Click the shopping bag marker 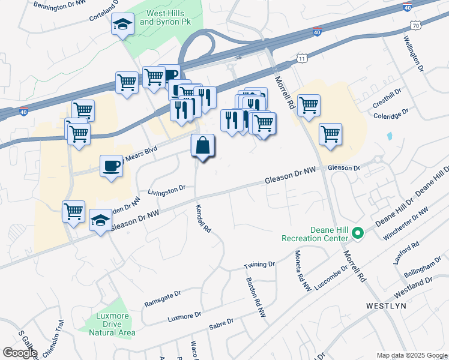pos(203,146)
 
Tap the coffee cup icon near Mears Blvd pos(111,166)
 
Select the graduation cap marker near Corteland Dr pos(122,25)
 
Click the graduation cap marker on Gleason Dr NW pos(100,220)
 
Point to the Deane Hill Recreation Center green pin pos(358,233)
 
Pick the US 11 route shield pos(301,58)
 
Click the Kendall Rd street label pos(203,219)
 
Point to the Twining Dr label pos(259,265)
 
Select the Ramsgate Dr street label pos(162,299)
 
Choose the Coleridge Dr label pos(391,114)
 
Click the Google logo pos(20,353)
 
